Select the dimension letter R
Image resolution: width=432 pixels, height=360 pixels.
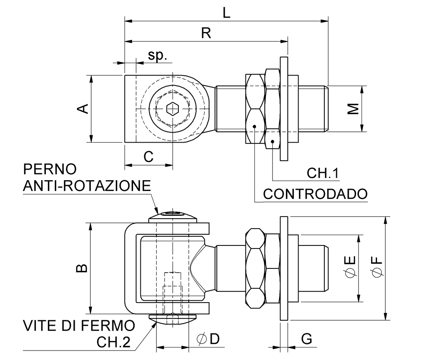click(206, 33)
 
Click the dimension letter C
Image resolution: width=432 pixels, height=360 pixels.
click(148, 157)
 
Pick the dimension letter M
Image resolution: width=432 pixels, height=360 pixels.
click(353, 108)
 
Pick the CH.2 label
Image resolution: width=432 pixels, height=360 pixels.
click(113, 342)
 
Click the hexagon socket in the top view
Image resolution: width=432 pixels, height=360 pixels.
click(172, 108)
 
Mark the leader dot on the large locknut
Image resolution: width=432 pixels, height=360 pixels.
click(254, 126)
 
